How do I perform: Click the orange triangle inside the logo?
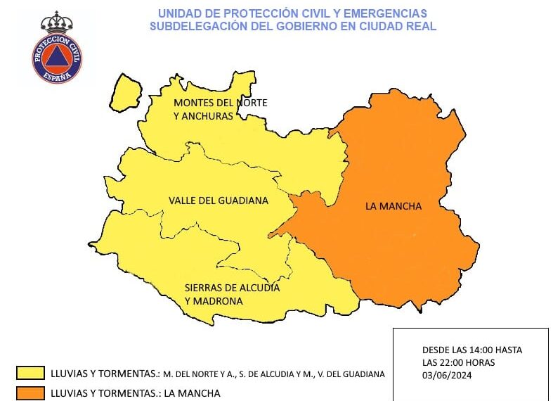pos(57,58)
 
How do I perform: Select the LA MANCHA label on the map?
pos(393,206)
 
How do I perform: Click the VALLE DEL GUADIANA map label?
pos(219,200)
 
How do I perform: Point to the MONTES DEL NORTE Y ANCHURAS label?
pos(220,109)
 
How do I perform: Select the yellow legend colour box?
pos(30,373)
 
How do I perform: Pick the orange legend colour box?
pos(30,393)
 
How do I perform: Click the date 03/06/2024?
pos(447,376)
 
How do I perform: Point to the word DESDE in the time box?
pos(436,350)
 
